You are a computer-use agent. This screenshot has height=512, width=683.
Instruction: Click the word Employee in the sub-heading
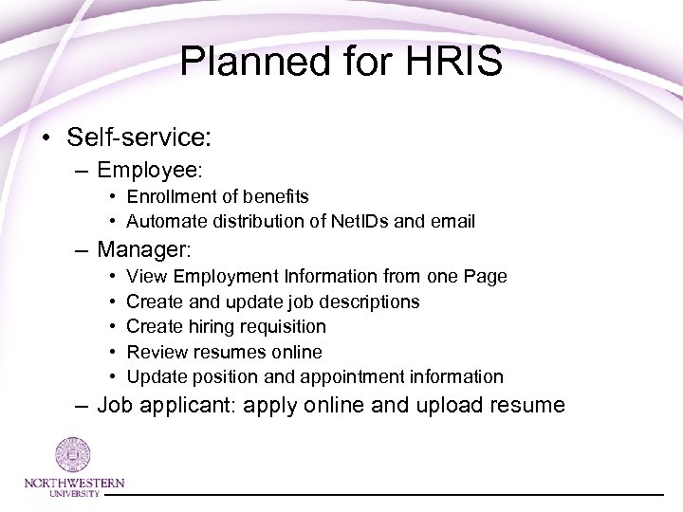pyautogui.click(x=148, y=171)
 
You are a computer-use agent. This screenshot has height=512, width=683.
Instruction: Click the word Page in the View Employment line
pyautogui.click(x=486, y=277)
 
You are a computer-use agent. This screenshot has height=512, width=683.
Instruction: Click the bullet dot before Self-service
pyautogui.click(x=46, y=137)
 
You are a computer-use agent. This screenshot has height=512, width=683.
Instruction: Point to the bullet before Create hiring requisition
pyautogui.click(x=113, y=327)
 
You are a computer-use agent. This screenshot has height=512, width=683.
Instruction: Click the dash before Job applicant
pyautogui.click(x=83, y=407)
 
